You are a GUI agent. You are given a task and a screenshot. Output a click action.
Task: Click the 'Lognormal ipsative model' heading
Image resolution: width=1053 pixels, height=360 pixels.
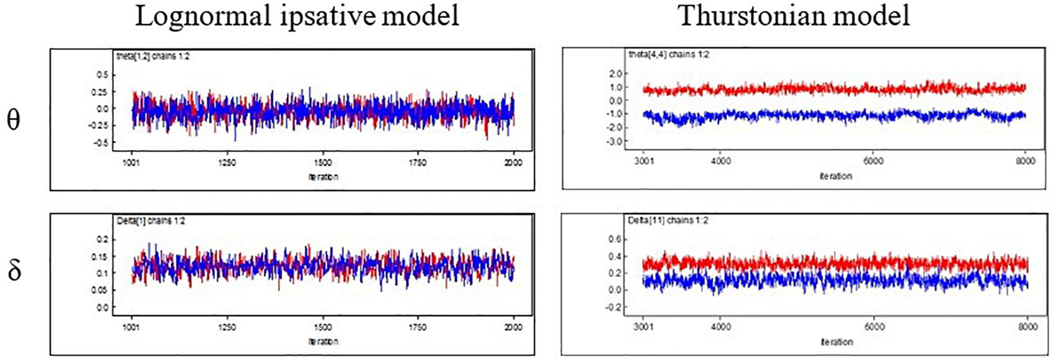(297, 16)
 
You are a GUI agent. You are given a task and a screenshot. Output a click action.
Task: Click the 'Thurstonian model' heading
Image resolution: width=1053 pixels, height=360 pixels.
(794, 16)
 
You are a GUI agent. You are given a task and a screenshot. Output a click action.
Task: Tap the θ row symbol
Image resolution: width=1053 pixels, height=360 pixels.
(13, 120)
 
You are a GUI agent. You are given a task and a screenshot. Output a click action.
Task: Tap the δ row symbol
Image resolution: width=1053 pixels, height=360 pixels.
(14, 270)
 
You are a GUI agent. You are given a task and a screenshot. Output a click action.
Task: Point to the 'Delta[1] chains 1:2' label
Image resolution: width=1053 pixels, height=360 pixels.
(150, 221)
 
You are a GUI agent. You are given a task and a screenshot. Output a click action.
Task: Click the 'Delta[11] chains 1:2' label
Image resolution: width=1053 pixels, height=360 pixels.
(669, 220)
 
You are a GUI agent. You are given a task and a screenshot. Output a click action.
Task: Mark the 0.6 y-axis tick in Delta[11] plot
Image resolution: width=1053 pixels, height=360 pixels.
(614, 239)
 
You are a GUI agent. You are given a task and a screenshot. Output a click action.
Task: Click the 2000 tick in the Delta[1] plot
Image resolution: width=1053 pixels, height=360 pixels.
(513, 327)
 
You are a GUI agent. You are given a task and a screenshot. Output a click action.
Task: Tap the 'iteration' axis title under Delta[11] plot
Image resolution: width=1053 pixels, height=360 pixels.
(836, 342)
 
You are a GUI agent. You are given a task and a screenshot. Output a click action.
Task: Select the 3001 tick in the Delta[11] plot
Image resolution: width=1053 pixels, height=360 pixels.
(644, 327)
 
